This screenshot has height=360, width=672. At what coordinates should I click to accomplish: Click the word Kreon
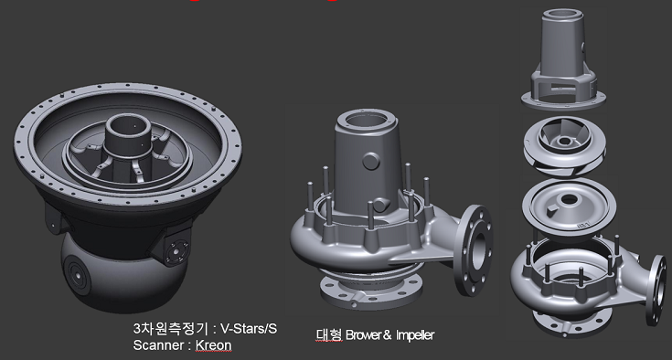pos(213,345)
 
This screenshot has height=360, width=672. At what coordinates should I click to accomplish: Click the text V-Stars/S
pos(248,329)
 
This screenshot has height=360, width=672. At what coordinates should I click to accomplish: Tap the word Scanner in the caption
pos(158,345)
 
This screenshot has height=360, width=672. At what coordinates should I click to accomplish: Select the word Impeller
pos(415,334)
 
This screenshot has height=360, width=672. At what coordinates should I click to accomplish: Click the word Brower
pos(364,334)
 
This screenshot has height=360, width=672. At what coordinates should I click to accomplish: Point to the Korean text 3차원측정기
pos(170,329)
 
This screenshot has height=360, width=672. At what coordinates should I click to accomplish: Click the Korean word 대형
pos(329,334)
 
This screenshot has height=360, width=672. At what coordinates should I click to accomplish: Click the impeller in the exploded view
pos(564,145)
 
